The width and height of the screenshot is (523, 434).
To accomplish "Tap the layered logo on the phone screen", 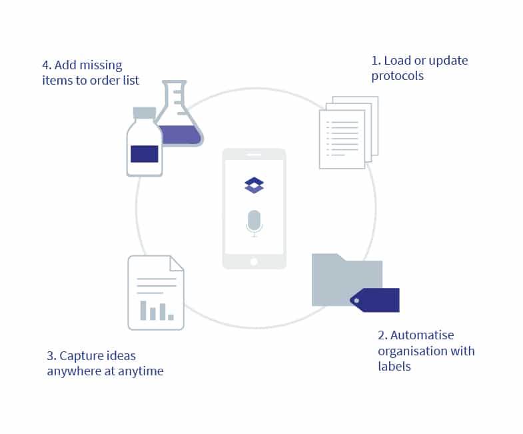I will (254, 185).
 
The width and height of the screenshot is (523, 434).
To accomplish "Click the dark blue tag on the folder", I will (376, 300).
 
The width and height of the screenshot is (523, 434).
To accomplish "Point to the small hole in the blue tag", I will (356, 301).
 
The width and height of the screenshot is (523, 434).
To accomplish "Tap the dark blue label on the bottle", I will (145, 153).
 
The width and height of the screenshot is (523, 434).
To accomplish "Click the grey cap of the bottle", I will (145, 112).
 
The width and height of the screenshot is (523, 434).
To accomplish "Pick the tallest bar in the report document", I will (143, 310).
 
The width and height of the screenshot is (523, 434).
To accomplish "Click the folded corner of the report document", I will (177, 263).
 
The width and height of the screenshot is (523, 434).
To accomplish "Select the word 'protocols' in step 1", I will (398, 76).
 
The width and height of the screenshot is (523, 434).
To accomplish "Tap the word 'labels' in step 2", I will (394, 366).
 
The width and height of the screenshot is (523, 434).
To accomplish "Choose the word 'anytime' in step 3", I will (141, 371).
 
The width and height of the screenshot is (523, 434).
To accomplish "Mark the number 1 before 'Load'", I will (374, 61).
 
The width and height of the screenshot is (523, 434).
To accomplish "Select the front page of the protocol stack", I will (342, 139).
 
